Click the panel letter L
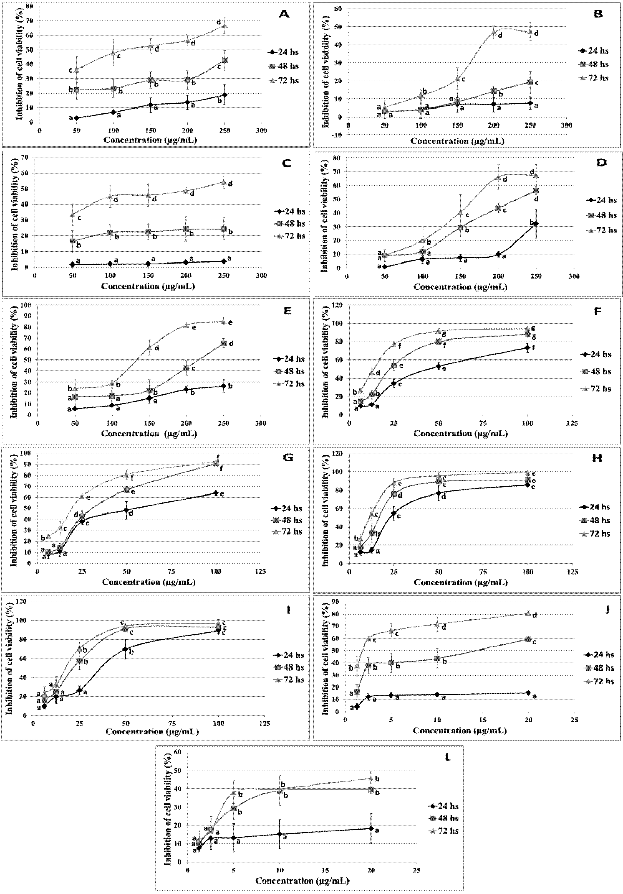tap(448, 757)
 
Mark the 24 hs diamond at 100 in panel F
tap(528, 348)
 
